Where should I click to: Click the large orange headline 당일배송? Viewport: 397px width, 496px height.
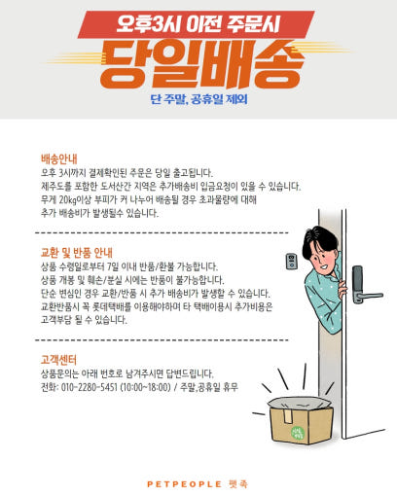coord(201,65)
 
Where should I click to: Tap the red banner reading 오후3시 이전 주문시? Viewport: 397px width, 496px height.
coord(196,24)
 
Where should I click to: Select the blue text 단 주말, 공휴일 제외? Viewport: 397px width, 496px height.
coord(198,99)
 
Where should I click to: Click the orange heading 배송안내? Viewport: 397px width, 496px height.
coord(59,159)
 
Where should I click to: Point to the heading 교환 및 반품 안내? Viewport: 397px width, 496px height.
coord(77,252)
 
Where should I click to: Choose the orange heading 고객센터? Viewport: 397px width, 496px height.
coord(58,360)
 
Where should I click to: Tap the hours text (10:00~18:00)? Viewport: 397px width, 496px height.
coord(145,387)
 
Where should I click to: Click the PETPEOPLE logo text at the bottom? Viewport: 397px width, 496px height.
coord(184,484)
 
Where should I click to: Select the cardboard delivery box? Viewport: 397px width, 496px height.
coord(301,420)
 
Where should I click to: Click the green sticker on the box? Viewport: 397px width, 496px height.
coord(298,433)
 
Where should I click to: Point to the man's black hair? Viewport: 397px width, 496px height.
coord(319,240)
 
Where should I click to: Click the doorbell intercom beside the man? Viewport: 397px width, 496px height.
coord(292,262)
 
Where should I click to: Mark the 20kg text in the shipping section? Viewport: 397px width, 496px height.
coord(68,199)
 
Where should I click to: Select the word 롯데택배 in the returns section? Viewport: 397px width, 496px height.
coord(107,306)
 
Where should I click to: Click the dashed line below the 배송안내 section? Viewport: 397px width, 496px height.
coord(162,232)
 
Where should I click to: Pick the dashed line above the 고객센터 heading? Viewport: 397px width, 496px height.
coord(162,340)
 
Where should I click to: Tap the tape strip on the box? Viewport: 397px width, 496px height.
coord(287,415)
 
